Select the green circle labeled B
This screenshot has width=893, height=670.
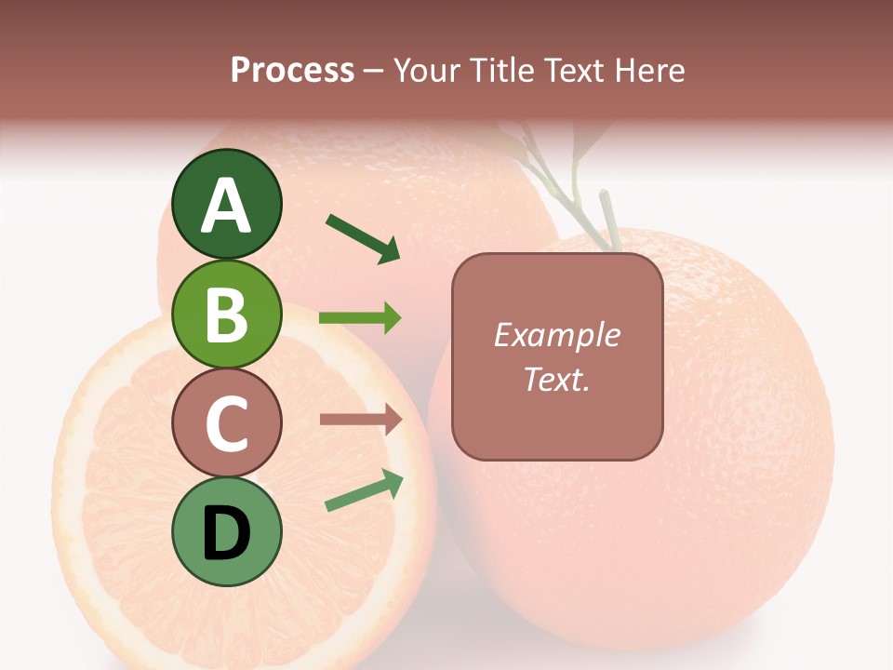pyautogui.click(x=226, y=314)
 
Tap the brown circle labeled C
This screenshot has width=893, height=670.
pyautogui.click(x=226, y=423)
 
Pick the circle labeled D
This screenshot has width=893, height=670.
pyautogui.click(x=226, y=532)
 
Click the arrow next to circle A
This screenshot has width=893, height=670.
pyautogui.click(x=363, y=238)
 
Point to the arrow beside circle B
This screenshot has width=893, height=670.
pyautogui.click(x=360, y=318)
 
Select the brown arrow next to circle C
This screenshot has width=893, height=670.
pyautogui.click(x=360, y=420)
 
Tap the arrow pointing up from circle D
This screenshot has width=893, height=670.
pyautogui.click(x=364, y=491)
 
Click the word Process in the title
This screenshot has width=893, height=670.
pyautogui.click(x=292, y=70)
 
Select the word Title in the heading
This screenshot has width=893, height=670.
pyautogui.click(x=500, y=70)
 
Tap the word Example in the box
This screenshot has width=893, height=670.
pyautogui.click(x=556, y=335)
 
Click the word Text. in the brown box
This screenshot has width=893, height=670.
pyautogui.click(x=556, y=379)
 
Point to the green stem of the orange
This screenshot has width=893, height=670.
pyautogui.click(x=606, y=220)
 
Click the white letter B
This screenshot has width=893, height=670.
pyautogui.click(x=226, y=314)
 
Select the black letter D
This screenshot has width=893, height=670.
pyautogui.click(x=226, y=533)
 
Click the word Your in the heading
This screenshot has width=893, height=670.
pyautogui.click(x=427, y=70)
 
